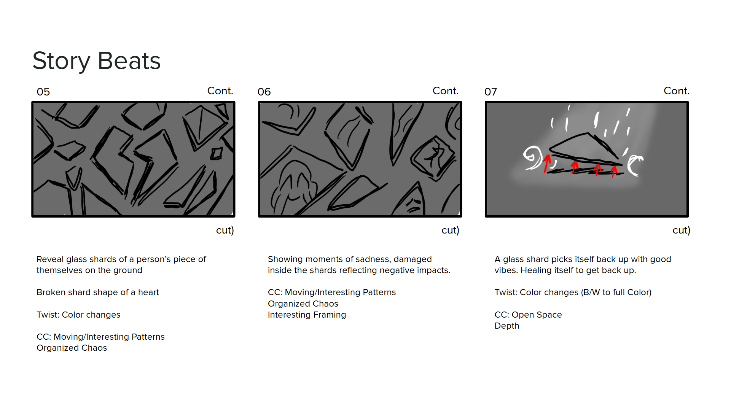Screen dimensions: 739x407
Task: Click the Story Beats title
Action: tap(97, 61)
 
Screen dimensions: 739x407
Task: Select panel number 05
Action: tap(43, 92)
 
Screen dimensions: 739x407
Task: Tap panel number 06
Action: tap(264, 92)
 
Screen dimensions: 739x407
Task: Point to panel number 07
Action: tap(491, 92)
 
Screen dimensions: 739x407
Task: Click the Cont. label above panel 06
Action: tap(446, 91)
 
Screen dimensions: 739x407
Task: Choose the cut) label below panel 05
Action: tap(225, 230)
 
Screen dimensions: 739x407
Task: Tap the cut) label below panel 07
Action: tap(681, 230)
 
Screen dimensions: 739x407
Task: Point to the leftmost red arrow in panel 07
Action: tap(547, 163)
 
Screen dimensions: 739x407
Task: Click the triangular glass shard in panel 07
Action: tap(584, 148)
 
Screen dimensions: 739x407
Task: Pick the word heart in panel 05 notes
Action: tap(148, 292)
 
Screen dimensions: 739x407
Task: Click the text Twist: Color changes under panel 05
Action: tap(78, 315)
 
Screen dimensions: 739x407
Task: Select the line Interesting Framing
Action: tap(307, 315)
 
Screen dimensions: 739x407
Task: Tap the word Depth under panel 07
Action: tap(506, 326)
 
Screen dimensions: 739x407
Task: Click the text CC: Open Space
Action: tap(528, 315)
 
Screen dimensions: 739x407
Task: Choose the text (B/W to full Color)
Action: tap(616, 292)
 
